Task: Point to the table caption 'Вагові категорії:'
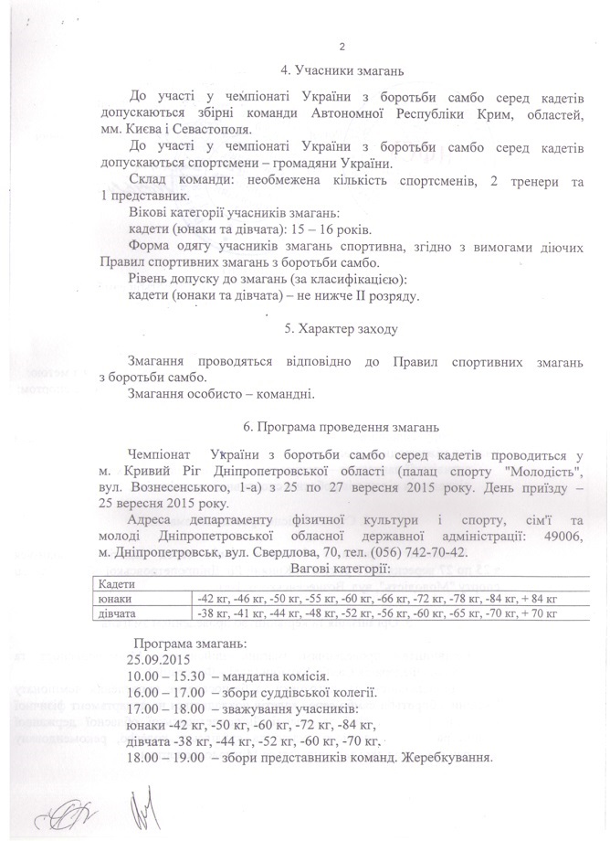tap(341, 569)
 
